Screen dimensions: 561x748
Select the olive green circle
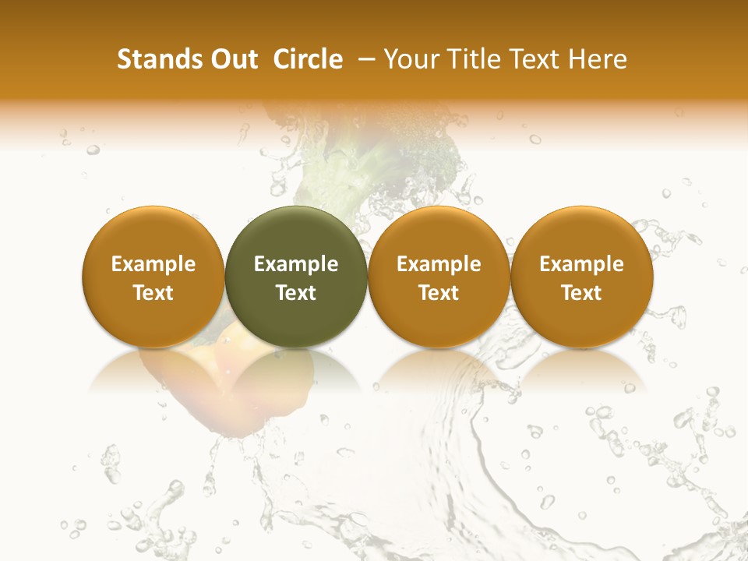[296, 277]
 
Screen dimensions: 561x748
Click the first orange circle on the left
[153, 277]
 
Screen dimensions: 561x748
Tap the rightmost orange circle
[581, 277]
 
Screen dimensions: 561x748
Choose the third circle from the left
[439, 277]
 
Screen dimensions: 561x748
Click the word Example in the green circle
[296, 264]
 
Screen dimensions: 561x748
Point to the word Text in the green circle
[296, 293]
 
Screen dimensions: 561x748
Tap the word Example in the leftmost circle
[153, 264]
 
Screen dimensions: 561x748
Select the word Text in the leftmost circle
[153, 293]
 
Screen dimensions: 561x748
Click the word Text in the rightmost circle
[581, 293]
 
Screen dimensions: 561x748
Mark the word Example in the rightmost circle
[581, 264]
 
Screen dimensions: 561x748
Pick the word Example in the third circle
[439, 264]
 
